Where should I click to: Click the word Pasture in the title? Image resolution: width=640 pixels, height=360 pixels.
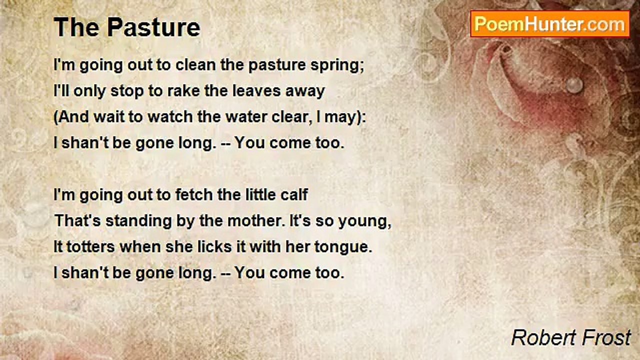(x=153, y=27)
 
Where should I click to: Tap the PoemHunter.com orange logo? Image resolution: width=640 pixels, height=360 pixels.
(x=550, y=24)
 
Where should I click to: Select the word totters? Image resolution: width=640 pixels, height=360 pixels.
(x=90, y=247)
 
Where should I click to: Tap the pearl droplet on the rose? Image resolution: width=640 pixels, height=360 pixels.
(x=574, y=85)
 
